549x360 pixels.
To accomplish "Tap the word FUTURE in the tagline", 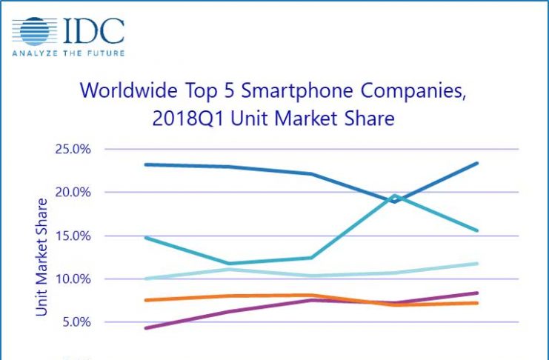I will (x=105, y=53).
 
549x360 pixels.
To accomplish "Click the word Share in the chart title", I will (x=367, y=119).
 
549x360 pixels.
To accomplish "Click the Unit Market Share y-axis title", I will (x=42, y=257).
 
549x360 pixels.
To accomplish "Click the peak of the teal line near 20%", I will (x=396, y=196).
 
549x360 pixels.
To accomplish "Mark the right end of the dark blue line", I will (x=477, y=163).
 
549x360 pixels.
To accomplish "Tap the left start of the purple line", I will (x=146, y=328).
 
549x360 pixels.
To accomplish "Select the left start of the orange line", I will (x=146, y=300).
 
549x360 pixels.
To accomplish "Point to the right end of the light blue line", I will (x=477, y=263).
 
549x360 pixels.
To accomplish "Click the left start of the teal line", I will (x=146, y=238).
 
